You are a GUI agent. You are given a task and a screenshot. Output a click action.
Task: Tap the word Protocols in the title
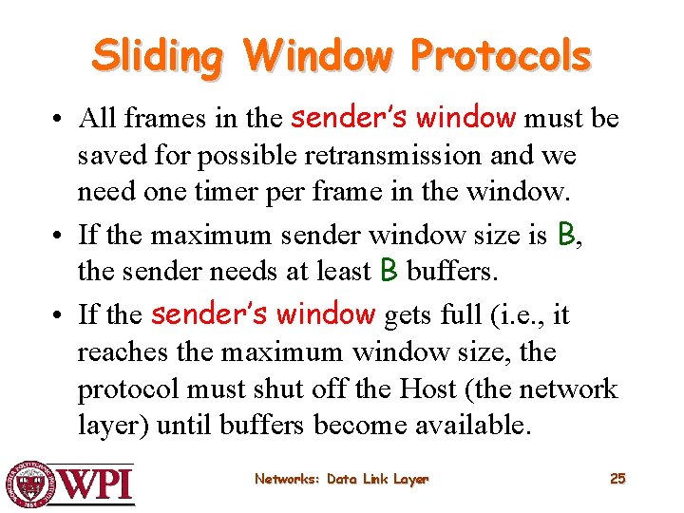pyautogui.click(x=501, y=56)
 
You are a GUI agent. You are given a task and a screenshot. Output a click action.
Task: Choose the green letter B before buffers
pyautogui.click(x=388, y=271)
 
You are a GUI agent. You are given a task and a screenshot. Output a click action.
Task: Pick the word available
pyautogui.click(x=471, y=426)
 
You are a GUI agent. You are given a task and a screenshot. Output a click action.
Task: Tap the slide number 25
pyautogui.click(x=617, y=479)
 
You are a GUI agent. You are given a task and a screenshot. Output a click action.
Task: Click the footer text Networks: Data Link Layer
pyautogui.click(x=341, y=479)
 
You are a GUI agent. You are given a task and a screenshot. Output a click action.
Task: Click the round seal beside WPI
pyautogui.click(x=30, y=484)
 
